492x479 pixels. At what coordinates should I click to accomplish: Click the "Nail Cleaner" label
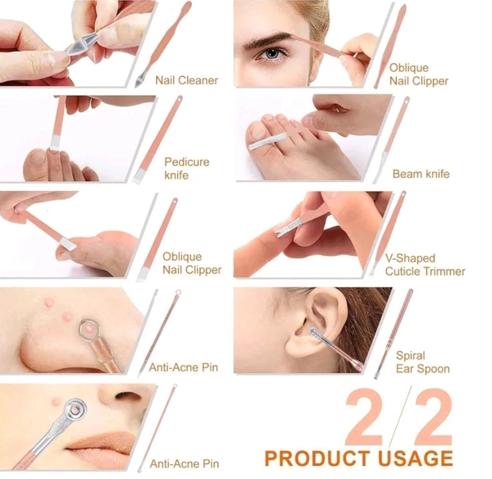186,80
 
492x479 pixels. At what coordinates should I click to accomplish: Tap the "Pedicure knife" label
187,168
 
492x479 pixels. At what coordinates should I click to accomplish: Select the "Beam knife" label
421,174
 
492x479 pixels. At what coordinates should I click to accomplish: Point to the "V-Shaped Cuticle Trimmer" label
425,265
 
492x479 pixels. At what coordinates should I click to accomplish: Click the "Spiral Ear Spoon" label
422,362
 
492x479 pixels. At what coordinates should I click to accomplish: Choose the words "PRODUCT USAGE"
358,458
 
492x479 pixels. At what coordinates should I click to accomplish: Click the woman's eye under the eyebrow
271,53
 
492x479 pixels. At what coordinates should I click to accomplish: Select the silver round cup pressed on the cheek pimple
75,409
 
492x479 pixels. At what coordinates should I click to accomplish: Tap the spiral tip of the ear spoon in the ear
317,336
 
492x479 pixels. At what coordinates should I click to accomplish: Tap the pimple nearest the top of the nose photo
49,303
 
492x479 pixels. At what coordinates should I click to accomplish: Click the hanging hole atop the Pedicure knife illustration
179,99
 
